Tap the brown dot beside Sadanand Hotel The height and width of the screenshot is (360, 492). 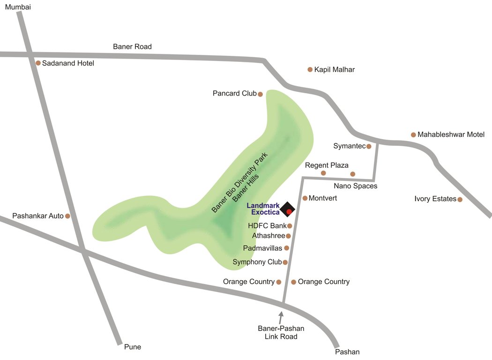coord(38,63)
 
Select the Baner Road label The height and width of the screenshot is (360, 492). coord(132,47)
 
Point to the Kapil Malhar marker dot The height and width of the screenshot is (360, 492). coord(310,69)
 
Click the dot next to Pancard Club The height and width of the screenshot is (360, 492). coord(261,94)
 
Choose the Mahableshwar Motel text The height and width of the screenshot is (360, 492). coord(451,135)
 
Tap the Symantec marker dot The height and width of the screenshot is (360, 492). coord(369,146)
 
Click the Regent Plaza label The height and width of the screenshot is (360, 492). coord(327,165)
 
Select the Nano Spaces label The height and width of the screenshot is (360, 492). coord(355,186)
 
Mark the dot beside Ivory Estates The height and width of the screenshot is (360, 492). coord(460,199)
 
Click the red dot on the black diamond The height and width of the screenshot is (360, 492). coord(289,211)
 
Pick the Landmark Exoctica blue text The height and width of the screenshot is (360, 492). coord(263,209)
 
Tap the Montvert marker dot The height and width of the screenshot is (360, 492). coord(305,198)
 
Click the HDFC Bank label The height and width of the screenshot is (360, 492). coord(267,226)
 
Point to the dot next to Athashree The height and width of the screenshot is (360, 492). coord(289,236)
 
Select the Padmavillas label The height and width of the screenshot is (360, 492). coord(262,248)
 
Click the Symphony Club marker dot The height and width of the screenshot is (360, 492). coord(285,262)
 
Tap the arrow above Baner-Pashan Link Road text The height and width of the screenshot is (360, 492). coord(281,317)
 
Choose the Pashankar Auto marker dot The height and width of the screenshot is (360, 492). coord(67,216)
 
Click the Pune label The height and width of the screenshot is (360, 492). coord(132,347)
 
